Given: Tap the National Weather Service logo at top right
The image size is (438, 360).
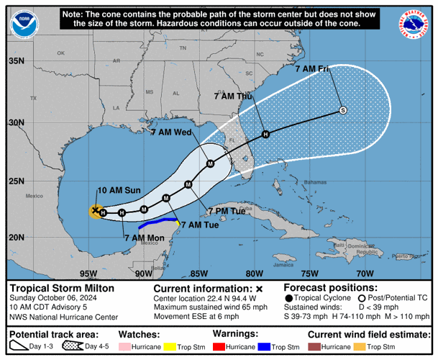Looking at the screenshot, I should [x=416, y=24].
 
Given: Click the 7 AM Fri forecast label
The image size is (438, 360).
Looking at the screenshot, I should [x=314, y=69].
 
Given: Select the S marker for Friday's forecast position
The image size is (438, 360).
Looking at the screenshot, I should [x=343, y=110].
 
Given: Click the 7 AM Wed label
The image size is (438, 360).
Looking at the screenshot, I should [x=170, y=132].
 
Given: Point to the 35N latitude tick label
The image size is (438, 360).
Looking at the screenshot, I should [x=16, y=60].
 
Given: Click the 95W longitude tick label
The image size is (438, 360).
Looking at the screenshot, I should [x=88, y=274].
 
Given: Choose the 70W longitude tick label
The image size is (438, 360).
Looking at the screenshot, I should [x=365, y=274].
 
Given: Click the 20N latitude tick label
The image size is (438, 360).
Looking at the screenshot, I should [x=16, y=238].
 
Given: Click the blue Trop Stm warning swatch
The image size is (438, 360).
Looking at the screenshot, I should [x=264, y=346].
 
